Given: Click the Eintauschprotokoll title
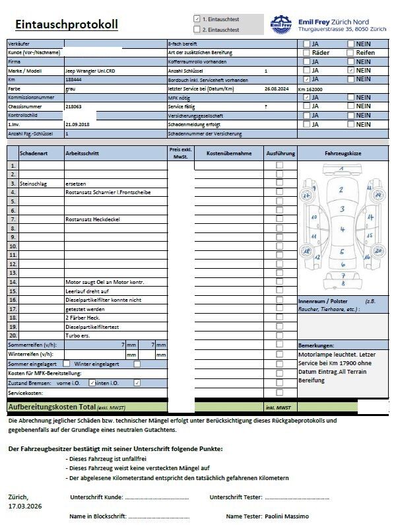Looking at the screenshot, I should [65, 25].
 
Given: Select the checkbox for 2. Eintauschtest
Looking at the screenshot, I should [197, 30].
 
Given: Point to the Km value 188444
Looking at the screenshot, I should [73, 79].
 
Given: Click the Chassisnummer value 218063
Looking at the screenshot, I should [74, 106].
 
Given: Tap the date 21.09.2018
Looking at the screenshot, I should [77, 123].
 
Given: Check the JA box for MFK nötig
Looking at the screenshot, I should [306, 97].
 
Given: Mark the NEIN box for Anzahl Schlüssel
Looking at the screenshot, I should [350, 70].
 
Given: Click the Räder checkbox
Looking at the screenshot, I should [306, 52].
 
